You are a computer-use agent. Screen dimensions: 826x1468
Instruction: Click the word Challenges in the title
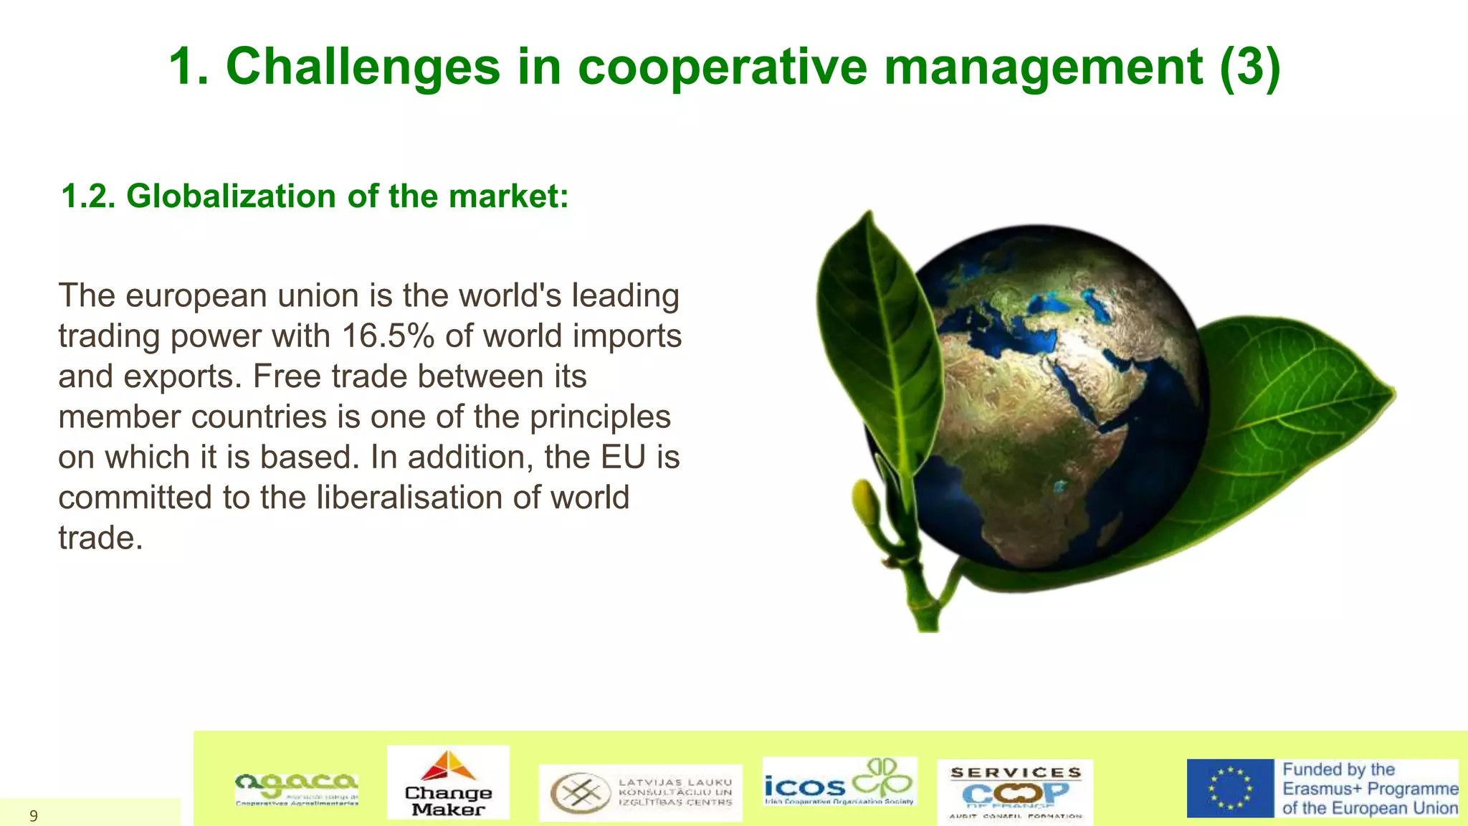point(362,67)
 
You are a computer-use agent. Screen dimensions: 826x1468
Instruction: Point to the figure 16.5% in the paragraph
point(388,336)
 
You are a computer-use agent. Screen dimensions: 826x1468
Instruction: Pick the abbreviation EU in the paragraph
point(623,457)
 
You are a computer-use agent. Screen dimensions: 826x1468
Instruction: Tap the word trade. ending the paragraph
point(100,538)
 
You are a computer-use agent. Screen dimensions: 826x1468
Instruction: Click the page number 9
point(33,816)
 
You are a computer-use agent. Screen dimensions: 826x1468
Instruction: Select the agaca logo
point(297,789)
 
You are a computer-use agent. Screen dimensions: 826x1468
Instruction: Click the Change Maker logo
point(448,782)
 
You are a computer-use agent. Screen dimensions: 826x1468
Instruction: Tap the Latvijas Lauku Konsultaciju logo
point(640,792)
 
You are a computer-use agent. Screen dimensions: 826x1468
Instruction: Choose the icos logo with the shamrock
point(839,782)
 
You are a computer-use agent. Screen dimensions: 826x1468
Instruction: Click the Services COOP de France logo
point(1015,792)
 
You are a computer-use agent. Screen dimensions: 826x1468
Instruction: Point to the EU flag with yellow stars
point(1230,788)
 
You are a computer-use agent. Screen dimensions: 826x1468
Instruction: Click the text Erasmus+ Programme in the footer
point(1370,789)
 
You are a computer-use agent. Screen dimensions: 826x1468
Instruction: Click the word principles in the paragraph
point(600,417)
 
